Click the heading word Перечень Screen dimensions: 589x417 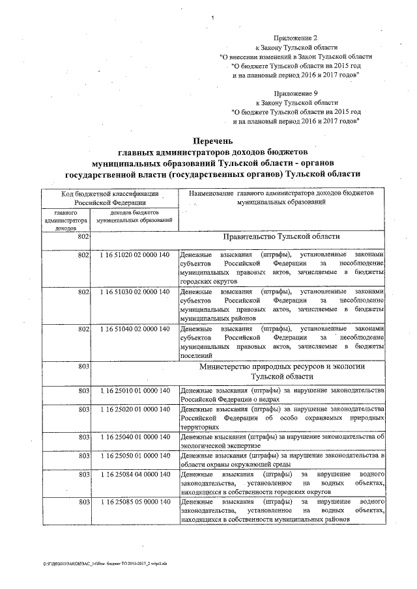212,141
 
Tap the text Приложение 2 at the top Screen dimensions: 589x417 296,38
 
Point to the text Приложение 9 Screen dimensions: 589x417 296,94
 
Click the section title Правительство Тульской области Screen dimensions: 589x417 281,238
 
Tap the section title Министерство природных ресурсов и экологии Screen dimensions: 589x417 282,367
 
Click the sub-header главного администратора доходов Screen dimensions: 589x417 66,221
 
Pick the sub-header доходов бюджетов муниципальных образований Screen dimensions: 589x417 134,217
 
